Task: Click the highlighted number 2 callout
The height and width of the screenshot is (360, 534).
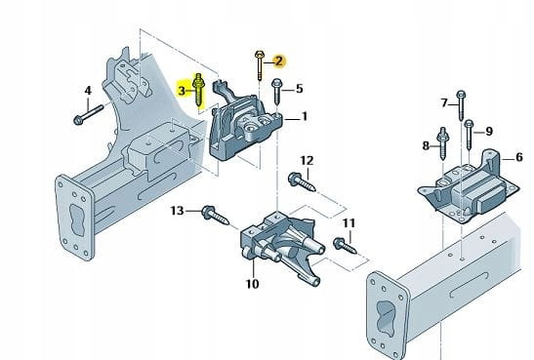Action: [x=279, y=61]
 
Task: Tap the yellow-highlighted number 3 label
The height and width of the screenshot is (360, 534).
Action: [x=182, y=91]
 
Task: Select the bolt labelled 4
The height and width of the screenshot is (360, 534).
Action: [x=88, y=114]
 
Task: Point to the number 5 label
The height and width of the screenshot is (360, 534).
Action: [x=299, y=89]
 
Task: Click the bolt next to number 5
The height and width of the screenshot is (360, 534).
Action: [x=277, y=91]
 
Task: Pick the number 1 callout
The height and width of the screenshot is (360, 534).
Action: [x=305, y=116]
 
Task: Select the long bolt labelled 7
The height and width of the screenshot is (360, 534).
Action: [x=461, y=105]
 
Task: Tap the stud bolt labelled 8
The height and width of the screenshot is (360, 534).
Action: [x=442, y=143]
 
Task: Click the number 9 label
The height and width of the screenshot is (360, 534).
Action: [x=489, y=131]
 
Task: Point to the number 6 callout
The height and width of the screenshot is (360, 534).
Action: [x=519, y=157]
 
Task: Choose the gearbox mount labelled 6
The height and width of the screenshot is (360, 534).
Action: [x=469, y=186]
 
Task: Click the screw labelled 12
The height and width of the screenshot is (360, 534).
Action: [x=302, y=182]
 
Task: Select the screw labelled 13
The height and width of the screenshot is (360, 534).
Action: [x=215, y=216]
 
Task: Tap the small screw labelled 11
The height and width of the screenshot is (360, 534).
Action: [x=345, y=246]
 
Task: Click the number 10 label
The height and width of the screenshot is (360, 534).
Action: [x=252, y=284]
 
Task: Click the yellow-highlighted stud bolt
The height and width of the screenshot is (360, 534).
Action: [x=198, y=90]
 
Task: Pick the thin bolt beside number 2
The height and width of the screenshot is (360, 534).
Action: [x=259, y=65]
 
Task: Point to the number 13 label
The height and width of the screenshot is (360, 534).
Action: [x=177, y=211]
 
